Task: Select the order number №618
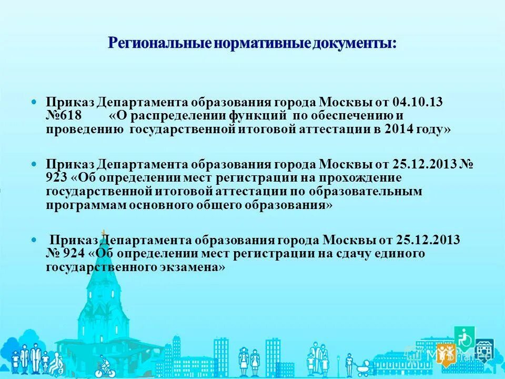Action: (59, 115)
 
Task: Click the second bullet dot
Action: (35, 164)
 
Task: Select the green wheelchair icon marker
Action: (465, 337)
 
